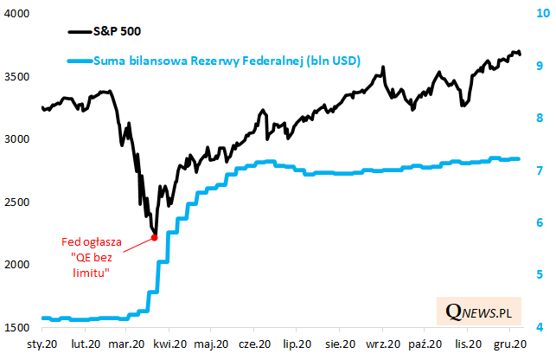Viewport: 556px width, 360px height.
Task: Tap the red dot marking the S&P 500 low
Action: click(x=154, y=237)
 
